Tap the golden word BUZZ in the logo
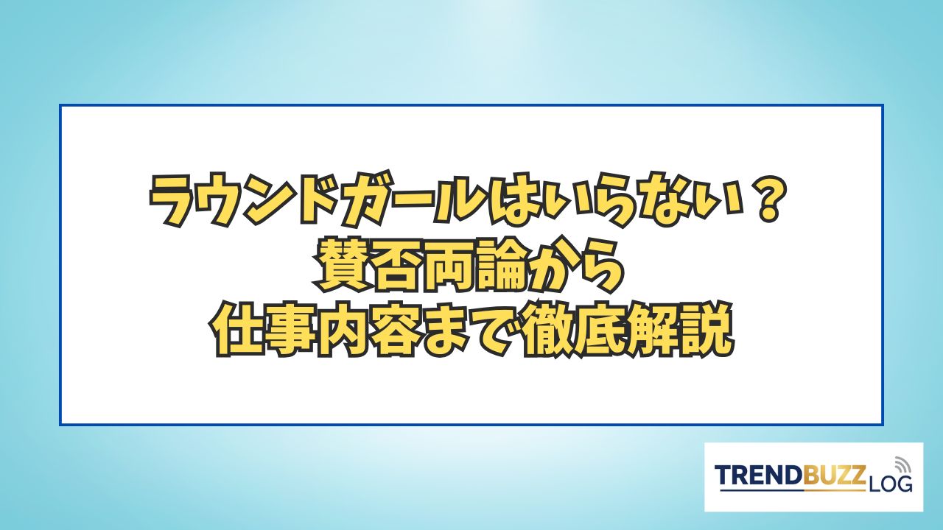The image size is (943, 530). tap(832, 476)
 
